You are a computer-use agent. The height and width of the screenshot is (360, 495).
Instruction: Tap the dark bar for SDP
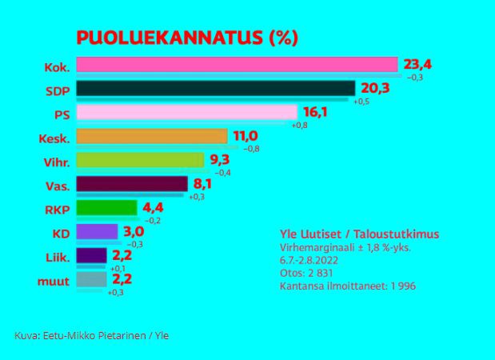[x=215, y=88]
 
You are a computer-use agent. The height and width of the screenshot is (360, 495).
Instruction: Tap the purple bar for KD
[x=97, y=232]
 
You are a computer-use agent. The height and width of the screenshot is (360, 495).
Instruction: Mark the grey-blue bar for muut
[x=91, y=279]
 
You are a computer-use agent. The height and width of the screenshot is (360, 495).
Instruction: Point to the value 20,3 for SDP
[x=374, y=87]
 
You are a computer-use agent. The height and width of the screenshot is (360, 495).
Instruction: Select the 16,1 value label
[x=314, y=111]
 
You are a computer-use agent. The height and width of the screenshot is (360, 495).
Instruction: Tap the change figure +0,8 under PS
[x=299, y=126]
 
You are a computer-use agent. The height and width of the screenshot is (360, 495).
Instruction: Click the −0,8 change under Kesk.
[x=249, y=149]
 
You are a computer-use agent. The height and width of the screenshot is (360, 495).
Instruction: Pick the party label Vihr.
[x=56, y=162]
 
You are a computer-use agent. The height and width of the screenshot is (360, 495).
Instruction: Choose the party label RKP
[x=57, y=210]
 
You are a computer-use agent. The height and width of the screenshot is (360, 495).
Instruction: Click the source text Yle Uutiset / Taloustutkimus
[x=359, y=234]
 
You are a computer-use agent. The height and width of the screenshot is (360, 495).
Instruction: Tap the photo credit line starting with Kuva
[x=91, y=335]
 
